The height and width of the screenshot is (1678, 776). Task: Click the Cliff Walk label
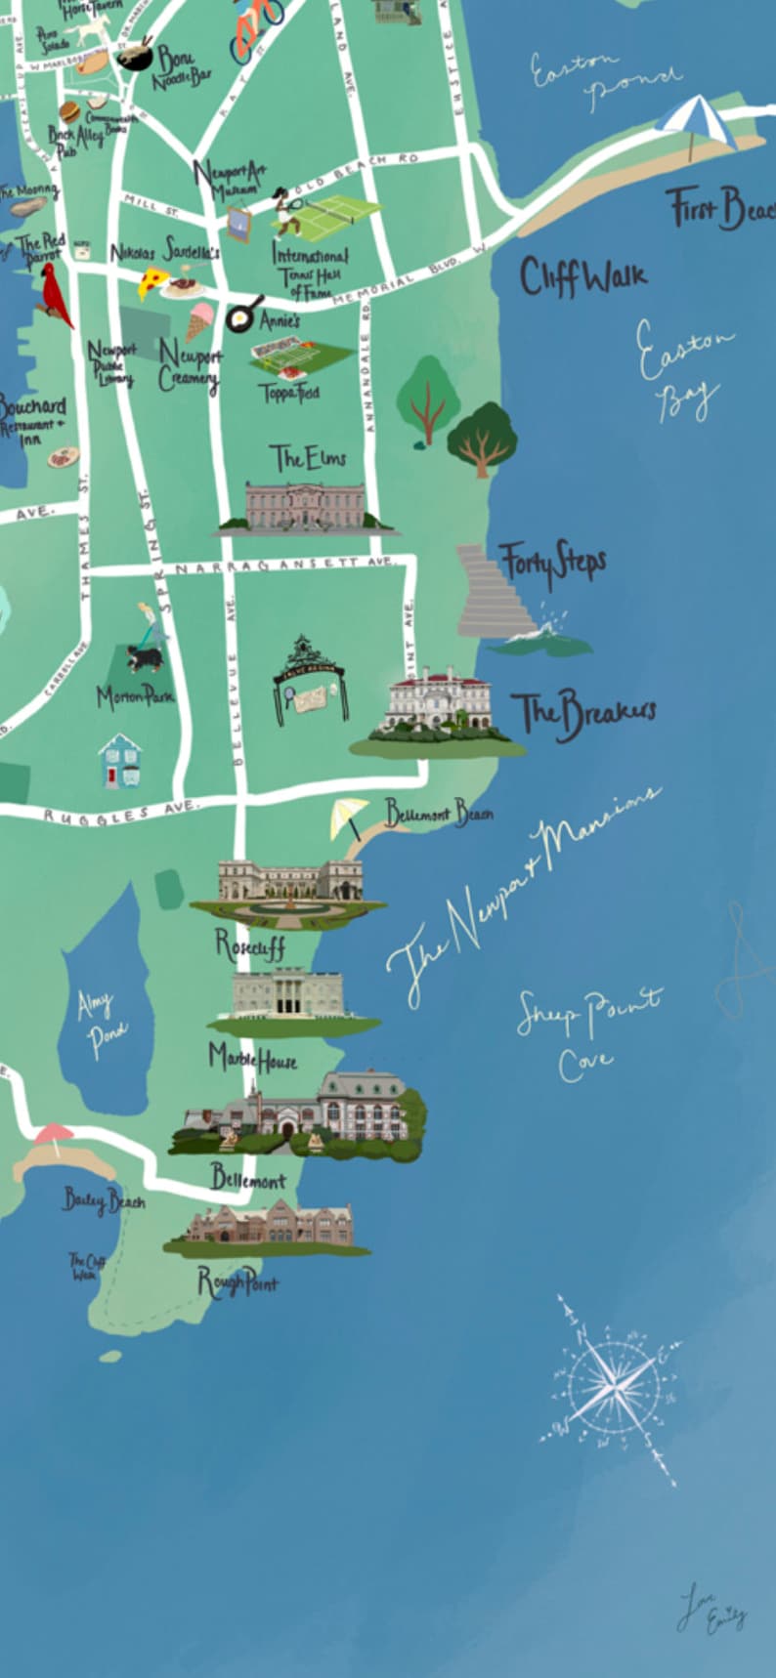tap(582, 277)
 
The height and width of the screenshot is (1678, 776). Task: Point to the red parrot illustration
tap(55, 294)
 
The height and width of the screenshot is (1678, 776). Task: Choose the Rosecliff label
tap(250, 944)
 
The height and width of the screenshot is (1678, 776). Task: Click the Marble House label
tap(252, 1058)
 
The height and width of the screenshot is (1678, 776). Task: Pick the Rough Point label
tap(237, 1281)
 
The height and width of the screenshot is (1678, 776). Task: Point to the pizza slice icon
tap(151, 283)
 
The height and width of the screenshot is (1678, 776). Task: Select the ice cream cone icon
tap(199, 319)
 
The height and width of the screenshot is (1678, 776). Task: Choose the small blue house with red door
tap(119, 762)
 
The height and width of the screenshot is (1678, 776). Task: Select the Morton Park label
tap(135, 696)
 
